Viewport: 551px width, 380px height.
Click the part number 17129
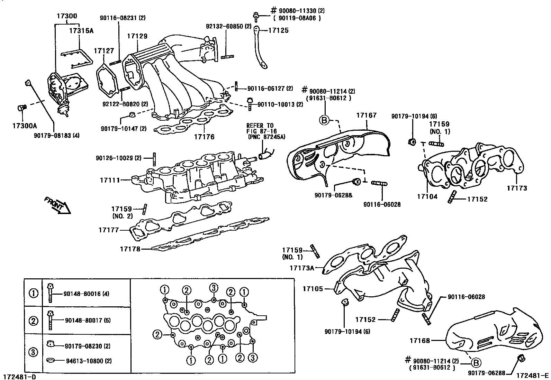tap(137, 36)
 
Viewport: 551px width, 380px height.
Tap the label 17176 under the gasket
tap(204, 137)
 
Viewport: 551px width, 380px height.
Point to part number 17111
tap(110, 180)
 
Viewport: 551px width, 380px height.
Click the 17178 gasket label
tap(130, 249)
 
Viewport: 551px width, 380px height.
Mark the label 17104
tap(427, 196)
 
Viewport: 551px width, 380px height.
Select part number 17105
tap(313, 288)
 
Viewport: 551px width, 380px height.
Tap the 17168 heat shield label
tap(420, 341)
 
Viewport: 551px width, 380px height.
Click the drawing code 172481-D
tap(19, 376)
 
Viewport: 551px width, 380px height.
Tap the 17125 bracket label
tap(278, 30)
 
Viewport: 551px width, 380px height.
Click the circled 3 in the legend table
tap(33, 352)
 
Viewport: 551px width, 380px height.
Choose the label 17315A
tap(81, 30)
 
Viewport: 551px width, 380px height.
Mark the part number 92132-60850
tap(224, 26)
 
